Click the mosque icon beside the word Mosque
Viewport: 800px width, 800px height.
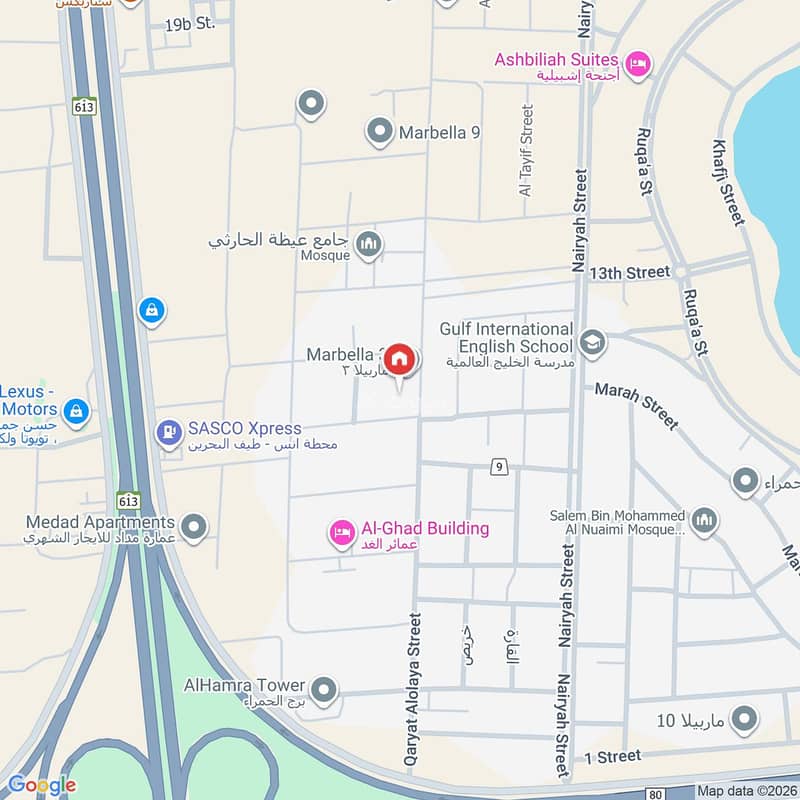369,244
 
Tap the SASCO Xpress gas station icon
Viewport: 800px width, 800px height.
169,432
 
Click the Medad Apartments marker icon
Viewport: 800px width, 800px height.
194,524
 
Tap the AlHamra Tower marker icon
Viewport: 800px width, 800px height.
323,689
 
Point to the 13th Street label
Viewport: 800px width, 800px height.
629,272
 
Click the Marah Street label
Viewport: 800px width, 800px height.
637,404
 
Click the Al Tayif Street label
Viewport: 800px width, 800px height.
527,149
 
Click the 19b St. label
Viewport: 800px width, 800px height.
191,22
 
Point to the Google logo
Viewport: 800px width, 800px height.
41,785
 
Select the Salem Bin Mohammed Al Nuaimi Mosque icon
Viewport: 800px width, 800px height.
705,520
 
